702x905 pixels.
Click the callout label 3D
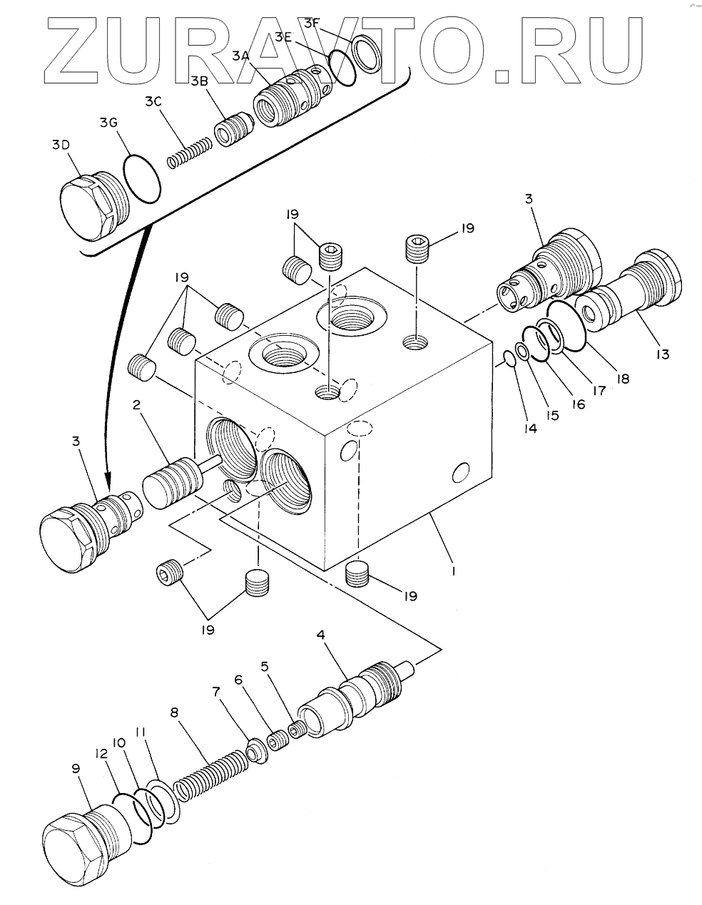click(61, 145)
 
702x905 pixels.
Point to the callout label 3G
click(108, 123)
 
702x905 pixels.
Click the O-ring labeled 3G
click(142, 179)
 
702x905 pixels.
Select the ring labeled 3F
click(367, 53)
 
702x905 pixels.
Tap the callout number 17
click(599, 390)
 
